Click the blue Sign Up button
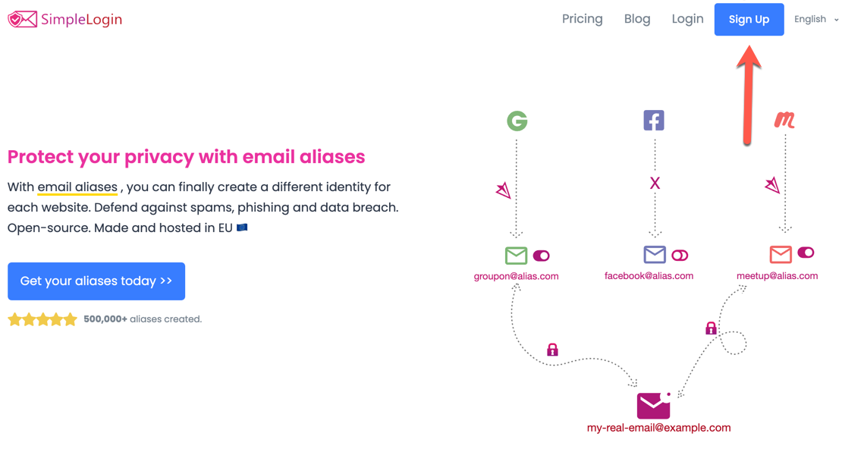(749, 20)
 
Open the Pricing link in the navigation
(582, 19)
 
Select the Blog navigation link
(636, 19)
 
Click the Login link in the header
(687, 19)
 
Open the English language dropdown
(816, 20)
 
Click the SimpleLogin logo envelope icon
(22, 19)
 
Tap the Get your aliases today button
(96, 281)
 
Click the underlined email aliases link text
(77, 187)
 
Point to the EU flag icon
(242, 228)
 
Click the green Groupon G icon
(517, 121)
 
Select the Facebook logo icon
(653, 120)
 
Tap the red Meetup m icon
(784, 120)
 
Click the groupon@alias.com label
(516, 276)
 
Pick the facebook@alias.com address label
(649, 276)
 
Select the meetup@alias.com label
(777, 276)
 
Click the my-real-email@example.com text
(658, 428)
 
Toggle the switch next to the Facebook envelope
(680, 256)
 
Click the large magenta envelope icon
(653, 406)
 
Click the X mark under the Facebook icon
(655, 183)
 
